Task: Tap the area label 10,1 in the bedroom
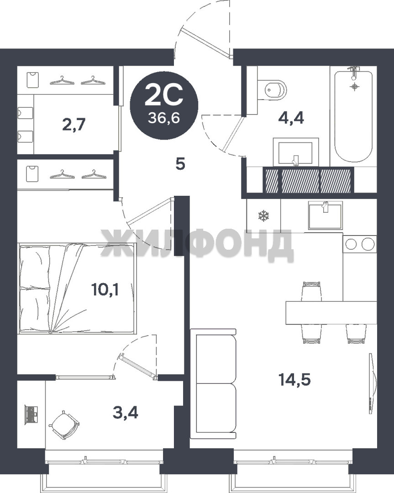point(105,289)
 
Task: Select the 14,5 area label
point(294,379)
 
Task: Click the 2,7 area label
point(74,125)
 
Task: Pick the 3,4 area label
point(126,413)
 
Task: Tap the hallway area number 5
point(180,164)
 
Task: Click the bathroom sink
point(296,152)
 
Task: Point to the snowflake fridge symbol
point(263,216)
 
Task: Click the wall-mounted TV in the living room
point(372,383)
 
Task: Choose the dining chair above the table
point(312,291)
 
